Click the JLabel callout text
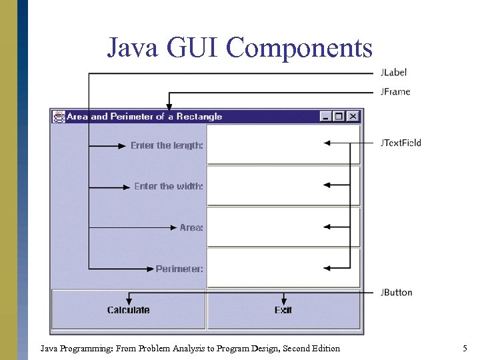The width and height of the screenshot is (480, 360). (393, 72)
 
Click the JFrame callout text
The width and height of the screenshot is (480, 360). (395, 91)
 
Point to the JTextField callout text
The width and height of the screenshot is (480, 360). (401, 143)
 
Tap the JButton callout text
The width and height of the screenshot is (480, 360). (396, 292)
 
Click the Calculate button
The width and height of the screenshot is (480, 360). (129, 310)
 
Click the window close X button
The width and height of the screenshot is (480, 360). (353, 117)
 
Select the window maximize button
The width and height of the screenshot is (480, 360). (339, 117)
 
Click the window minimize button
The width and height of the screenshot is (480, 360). (326, 117)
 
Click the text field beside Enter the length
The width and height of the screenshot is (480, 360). (283, 144)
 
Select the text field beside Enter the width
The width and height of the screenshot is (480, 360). (283, 186)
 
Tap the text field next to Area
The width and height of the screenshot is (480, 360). (283, 227)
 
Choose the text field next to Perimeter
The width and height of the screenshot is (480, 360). (283, 268)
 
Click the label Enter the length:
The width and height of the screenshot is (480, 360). (167, 145)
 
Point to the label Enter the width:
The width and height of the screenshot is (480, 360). (169, 187)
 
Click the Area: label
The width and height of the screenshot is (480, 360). (191, 228)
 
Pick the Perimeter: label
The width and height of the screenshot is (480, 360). (179, 269)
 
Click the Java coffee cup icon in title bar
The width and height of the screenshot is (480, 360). (59, 117)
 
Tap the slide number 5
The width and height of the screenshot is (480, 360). (465, 348)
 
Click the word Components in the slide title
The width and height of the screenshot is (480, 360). (299, 47)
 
